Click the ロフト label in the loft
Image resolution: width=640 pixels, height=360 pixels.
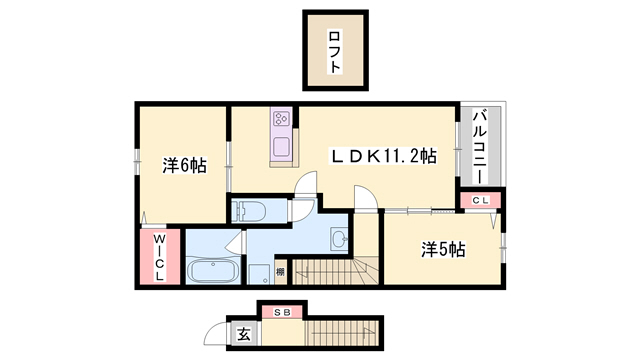pos(334,51)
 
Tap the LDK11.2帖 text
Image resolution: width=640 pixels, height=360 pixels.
pos(384,155)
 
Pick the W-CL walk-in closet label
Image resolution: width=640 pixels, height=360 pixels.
pos(159,258)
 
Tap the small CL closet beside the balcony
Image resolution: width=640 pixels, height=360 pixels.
pos(479,200)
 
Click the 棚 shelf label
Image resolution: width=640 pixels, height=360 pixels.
pos(280,272)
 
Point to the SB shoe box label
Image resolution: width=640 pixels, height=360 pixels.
pos(282,312)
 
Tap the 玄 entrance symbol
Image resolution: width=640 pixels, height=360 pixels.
pos(244,335)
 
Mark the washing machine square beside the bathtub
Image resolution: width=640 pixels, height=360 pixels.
pos(259,275)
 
